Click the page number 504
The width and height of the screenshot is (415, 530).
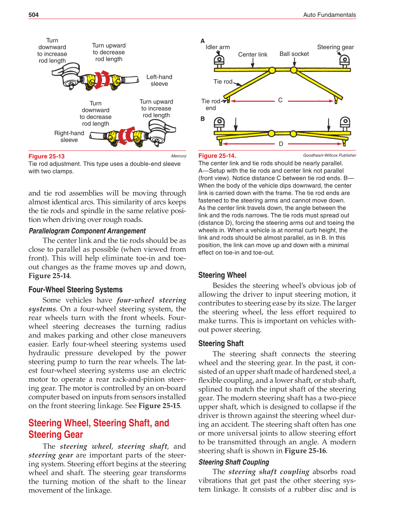[x=33, y=15]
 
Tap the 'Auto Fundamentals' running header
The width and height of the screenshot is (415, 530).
[x=329, y=15]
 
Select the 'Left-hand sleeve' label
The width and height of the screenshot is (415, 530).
[x=159, y=80]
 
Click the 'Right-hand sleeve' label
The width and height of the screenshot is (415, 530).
[x=69, y=137]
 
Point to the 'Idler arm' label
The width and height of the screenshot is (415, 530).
[x=218, y=47]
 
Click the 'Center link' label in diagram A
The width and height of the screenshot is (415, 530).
[x=253, y=54]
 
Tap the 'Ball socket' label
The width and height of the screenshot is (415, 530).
[x=294, y=54]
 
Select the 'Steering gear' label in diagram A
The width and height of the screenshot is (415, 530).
[x=335, y=47]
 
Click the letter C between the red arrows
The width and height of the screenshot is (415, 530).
[x=280, y=100]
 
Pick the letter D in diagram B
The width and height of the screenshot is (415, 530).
[x=281, y=144]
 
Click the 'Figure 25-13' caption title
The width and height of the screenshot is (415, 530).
[x=47, y=156]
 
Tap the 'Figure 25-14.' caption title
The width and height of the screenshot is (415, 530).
[x=217, y=156]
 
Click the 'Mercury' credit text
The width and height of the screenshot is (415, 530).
[x=178, y=156]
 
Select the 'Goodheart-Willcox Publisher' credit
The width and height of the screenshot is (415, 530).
[x=330, y=155]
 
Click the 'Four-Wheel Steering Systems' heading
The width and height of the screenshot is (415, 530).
[x=75, y=290]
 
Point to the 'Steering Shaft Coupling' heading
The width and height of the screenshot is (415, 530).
[x=234, y=462]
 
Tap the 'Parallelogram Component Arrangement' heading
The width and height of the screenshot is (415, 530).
[x=87, y=231]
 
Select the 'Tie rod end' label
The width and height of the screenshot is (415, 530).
[x=211, y=105]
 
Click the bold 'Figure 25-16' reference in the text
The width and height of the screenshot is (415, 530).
[x=305, y=451]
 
